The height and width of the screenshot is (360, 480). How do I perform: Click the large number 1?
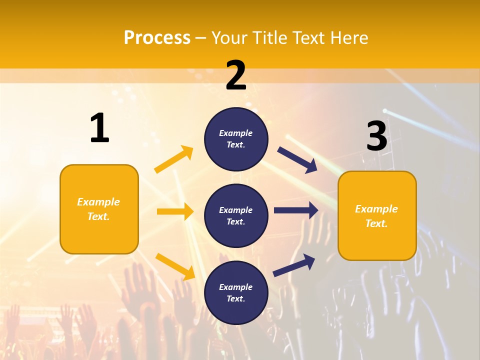click(x=99, y=128)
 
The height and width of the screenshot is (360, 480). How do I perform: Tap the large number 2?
click(x=236, y=75)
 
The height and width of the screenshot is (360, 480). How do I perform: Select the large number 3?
click(x=376, y=136)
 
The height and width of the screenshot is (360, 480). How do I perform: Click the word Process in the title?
click(x=157, y=37)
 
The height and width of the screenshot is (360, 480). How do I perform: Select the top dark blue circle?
click(x=236, y=139)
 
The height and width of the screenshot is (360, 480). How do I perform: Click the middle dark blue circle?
click(x=236, y=215)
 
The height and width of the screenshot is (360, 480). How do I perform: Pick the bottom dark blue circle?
click(x=236, y=292)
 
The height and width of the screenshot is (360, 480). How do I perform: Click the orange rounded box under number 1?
click(x=99, y=209)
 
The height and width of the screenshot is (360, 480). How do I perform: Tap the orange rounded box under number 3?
click(x=377, y=215)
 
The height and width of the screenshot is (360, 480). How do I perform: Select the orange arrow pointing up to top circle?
click(x=174, y=159)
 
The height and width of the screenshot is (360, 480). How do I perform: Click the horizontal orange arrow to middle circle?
click(x=175, y=211)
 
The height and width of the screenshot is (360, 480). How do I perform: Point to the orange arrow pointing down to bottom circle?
click(x=175, y=266)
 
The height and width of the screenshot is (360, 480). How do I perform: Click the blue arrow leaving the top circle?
click(x=297, y=160)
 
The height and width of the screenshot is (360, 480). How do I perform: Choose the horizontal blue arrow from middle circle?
click(x=296, y=210)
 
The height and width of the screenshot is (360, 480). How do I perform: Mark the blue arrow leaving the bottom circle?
click(x=294, y=265)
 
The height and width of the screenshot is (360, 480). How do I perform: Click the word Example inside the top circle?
click(x=235, y=133)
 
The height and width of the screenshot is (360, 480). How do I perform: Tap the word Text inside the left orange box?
click(x=98, y=216)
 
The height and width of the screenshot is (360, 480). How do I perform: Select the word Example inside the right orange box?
click(x=376, y=209)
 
